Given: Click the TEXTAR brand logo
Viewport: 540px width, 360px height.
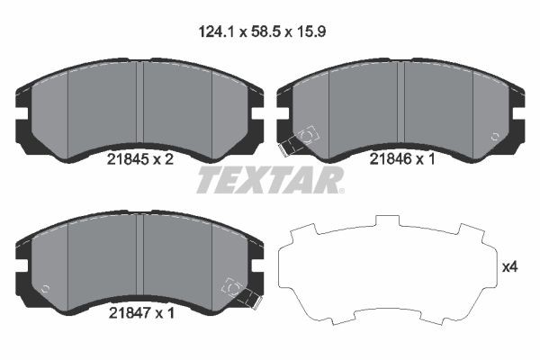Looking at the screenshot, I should tap(267, 180).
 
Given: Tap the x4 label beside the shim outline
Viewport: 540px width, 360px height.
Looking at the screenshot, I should tap(509, 266).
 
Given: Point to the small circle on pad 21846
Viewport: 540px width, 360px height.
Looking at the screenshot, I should tap(495, 136).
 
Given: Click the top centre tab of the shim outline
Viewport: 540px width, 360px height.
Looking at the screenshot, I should tap(389, 221).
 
